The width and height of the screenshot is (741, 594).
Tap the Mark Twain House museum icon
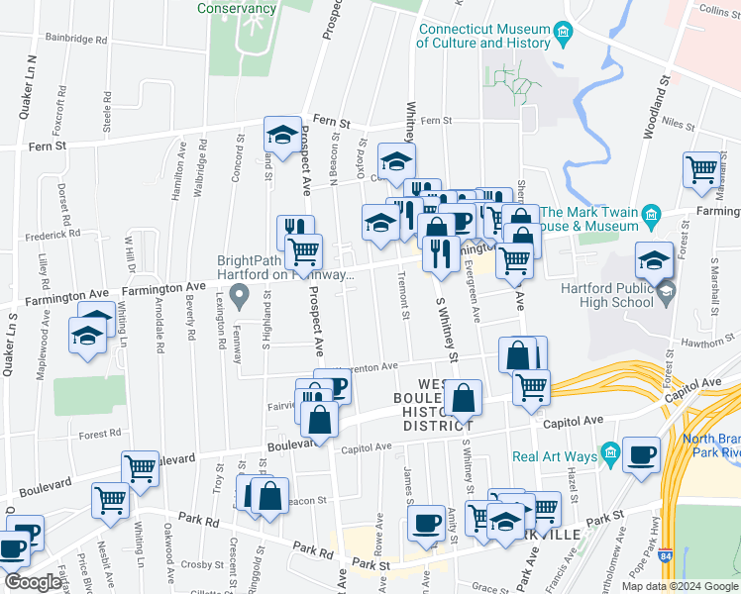coord(651,215)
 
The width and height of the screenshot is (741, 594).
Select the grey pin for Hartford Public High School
coord(666,289)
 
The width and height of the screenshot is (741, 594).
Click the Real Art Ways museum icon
coord(611,455)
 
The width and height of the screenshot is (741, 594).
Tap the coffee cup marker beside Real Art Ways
coord(642,454)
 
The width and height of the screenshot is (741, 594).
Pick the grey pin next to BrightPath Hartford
coord(239,294)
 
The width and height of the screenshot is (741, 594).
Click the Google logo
coord(32,582)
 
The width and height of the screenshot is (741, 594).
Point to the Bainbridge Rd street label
coord(75,40)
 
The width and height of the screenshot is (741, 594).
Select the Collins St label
coord(719,9)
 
